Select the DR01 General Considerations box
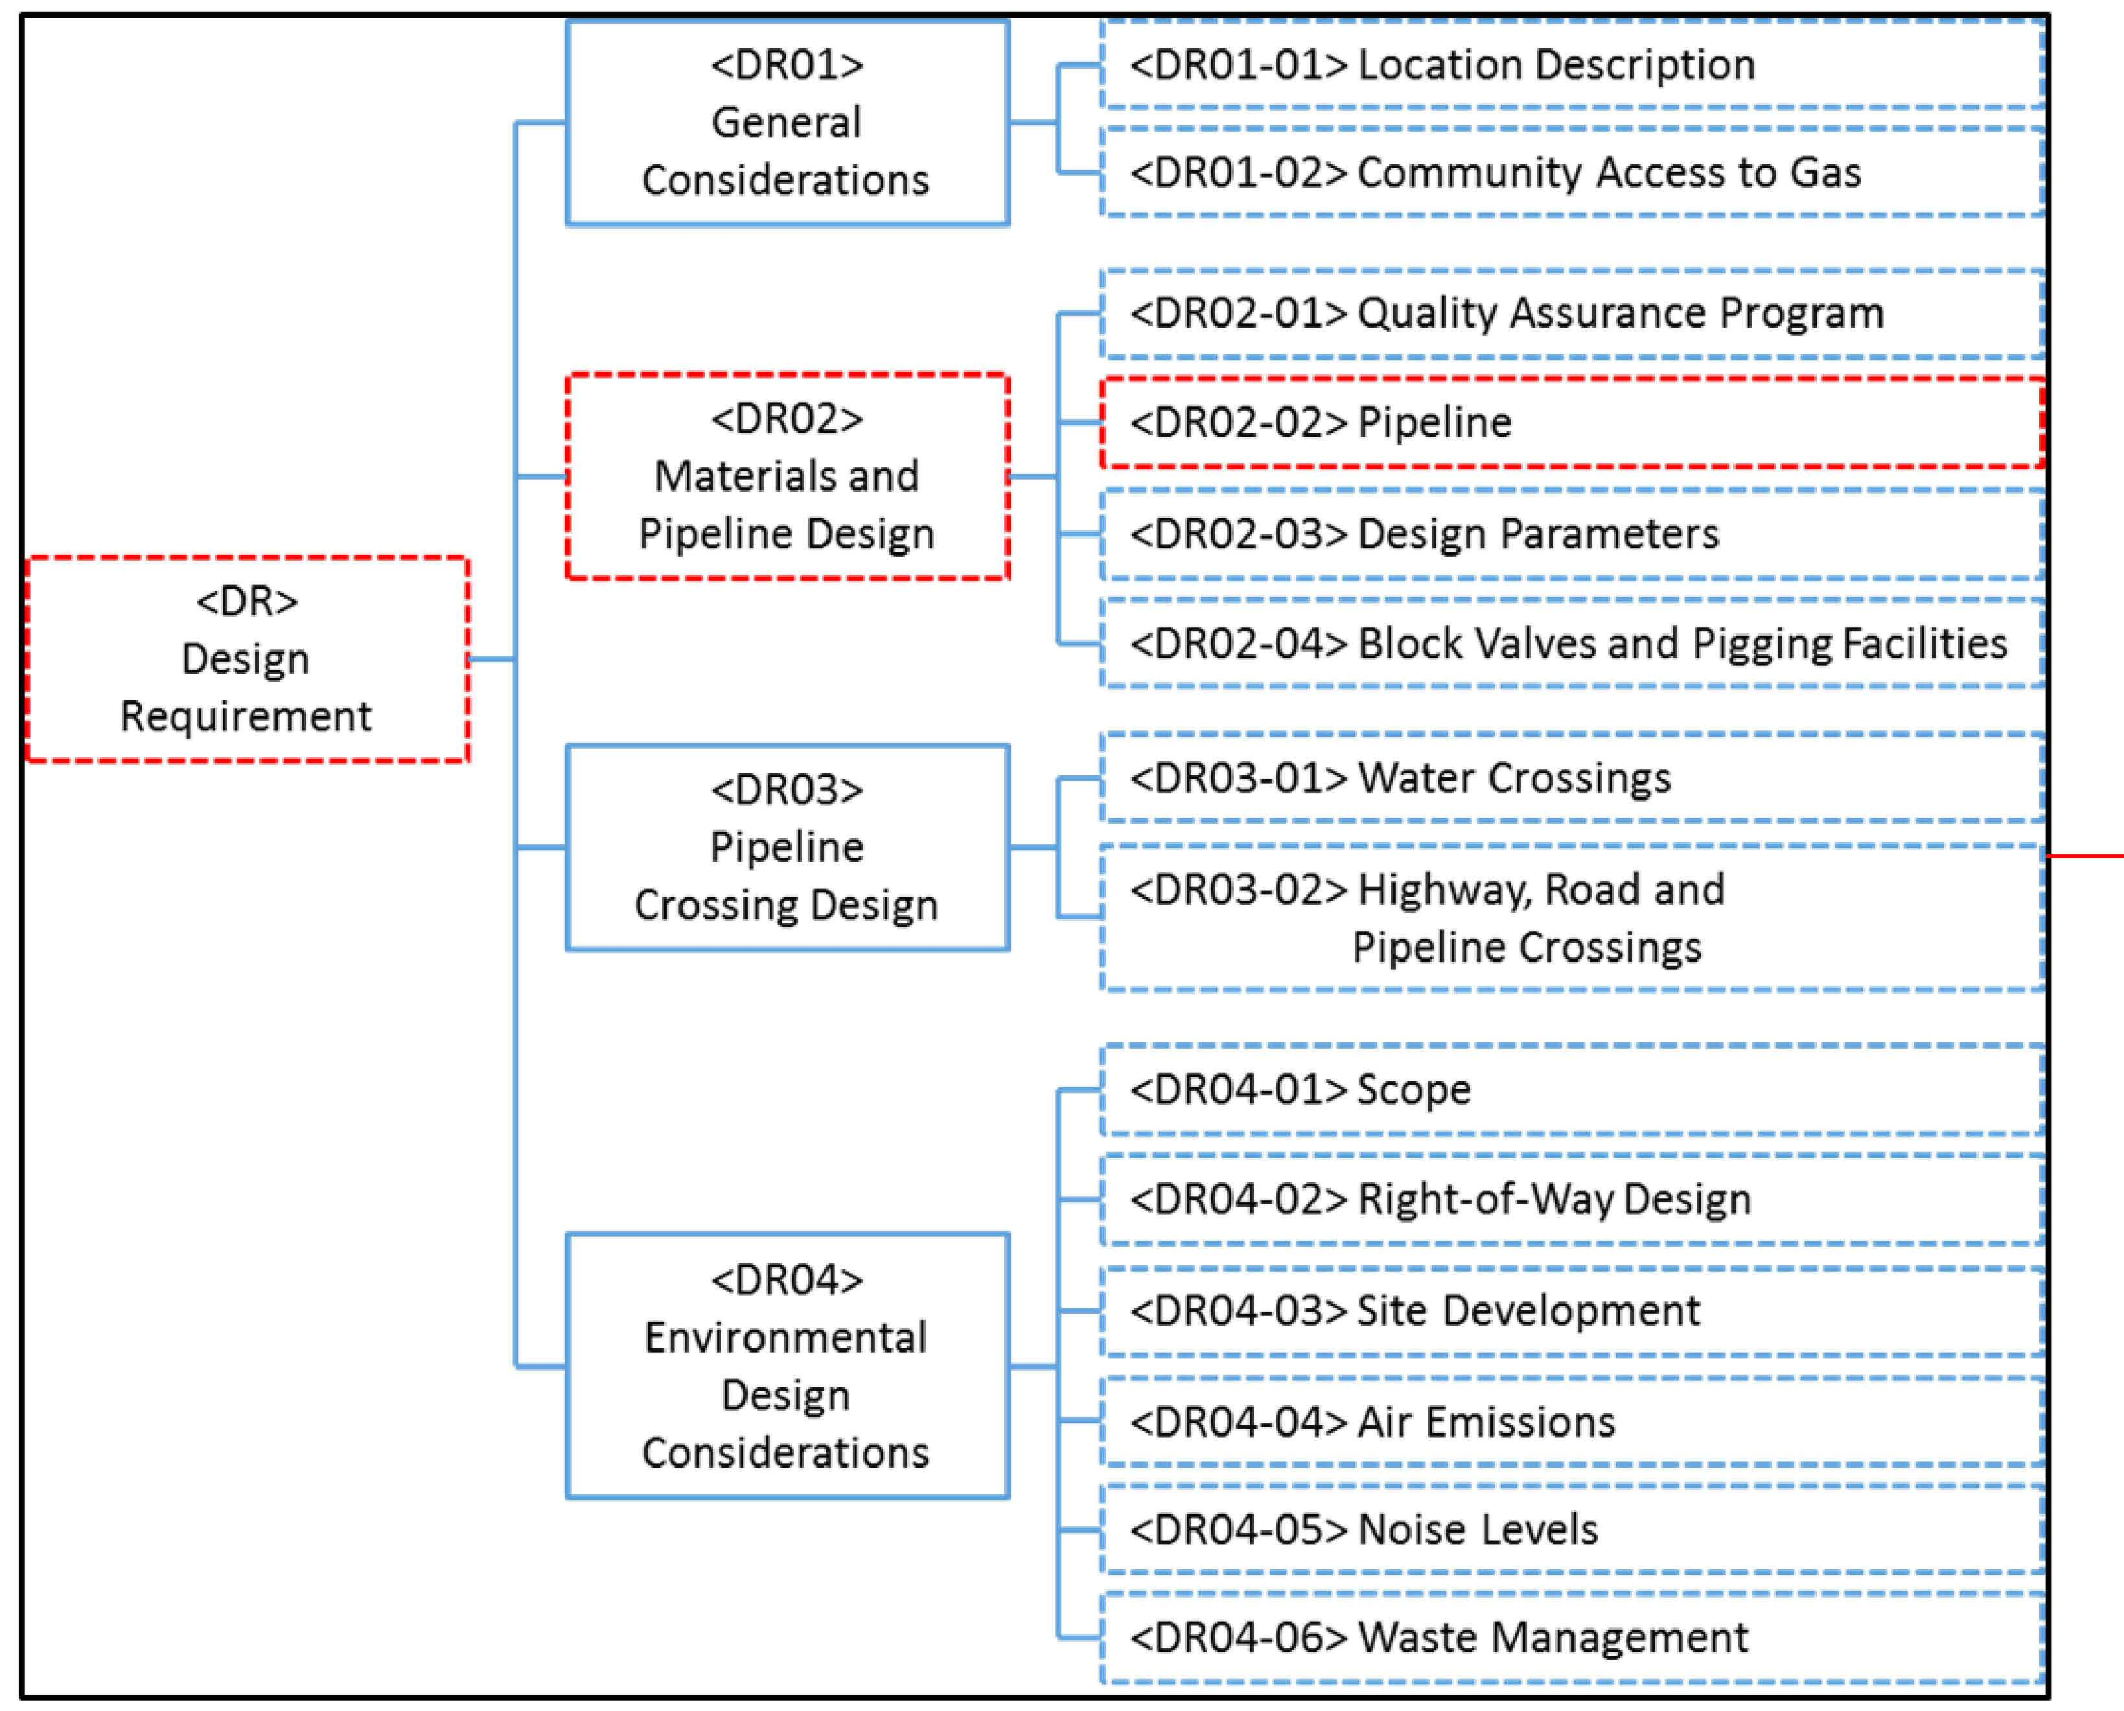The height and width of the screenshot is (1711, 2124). [787, 123]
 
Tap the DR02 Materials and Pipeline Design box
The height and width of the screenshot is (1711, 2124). [787, 476]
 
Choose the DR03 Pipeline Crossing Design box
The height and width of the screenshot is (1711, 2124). [787, 846]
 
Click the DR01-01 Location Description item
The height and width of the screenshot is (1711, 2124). [1573, 64]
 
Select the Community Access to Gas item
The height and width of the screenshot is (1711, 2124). [1573, 172]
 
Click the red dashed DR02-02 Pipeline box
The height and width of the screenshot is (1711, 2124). [1573, 423]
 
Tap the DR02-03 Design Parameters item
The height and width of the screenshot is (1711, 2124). [1573, 534]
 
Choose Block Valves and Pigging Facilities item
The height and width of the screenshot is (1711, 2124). [1573, 644]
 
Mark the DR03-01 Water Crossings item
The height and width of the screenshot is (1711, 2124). [1573, 778]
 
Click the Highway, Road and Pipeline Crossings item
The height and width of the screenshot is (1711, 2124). [1573, 918]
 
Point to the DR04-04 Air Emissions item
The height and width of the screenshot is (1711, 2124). [1573, 1422]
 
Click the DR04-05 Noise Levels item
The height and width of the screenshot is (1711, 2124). [1573, 1530]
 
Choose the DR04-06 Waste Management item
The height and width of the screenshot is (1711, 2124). [1573, 1638]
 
